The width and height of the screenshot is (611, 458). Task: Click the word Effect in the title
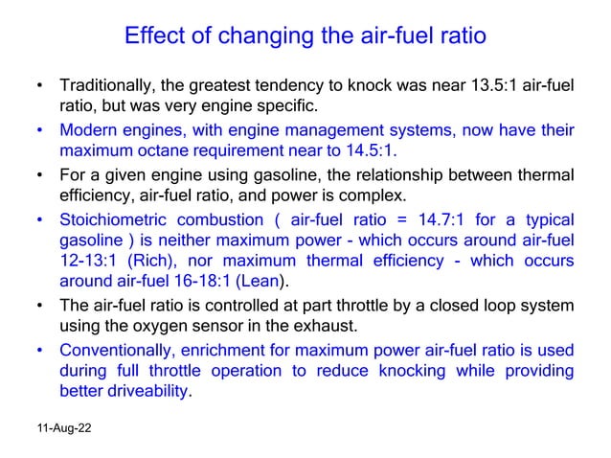click(x=154, y=37)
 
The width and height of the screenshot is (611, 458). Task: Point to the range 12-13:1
click(x=88, y=261)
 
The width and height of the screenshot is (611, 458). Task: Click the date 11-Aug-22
click(x=60, y=433)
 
